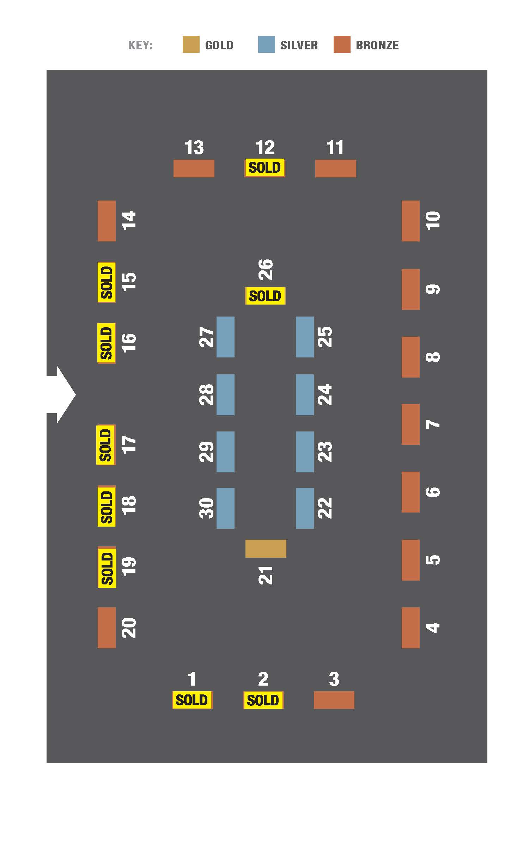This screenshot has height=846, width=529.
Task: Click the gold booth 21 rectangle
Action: [266, 548]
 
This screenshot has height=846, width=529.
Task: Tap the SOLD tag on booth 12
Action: [264, 168]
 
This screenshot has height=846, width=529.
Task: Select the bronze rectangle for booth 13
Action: [194, 168]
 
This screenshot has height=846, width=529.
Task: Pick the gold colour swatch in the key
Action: [191, 44]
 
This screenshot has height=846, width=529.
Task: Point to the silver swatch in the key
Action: [266, 44]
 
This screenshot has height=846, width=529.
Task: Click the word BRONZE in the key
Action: [377, 45]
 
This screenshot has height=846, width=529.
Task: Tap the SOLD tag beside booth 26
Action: [265, 296]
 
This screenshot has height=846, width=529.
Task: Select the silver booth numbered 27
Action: [225, 337]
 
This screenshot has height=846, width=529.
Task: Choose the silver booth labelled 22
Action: [305, 508]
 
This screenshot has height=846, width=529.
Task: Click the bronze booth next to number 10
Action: [411, 221]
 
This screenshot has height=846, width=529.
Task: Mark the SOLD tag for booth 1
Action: [192, 700]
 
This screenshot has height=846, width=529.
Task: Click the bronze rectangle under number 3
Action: [334, 700]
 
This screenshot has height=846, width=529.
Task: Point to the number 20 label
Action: [129, 627]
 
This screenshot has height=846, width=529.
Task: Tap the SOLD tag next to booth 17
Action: [106, 445]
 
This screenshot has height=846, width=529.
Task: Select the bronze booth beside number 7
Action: [411, 424]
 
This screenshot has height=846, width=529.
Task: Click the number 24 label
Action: [325, 394]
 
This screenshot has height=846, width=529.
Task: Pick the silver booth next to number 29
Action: [225, 452]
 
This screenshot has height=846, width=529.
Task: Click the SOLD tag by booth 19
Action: [107, 567]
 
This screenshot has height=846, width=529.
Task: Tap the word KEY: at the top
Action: [140, 45]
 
